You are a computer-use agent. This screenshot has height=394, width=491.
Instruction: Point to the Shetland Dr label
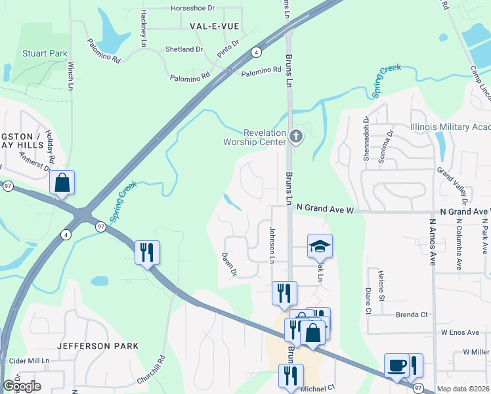point(184,49)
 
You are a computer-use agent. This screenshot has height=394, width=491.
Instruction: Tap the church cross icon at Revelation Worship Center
point(296,137)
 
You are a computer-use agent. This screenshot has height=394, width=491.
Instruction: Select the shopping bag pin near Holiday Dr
point(62,183)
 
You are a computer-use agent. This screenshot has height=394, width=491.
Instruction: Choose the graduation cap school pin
point(320,247)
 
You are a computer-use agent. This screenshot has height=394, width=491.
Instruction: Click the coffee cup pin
point(396,365)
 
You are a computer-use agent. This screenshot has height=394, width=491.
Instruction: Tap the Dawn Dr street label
point(228,264)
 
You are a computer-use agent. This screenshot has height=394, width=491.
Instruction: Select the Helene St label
point(381,284)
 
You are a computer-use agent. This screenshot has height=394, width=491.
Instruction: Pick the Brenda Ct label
point(412,315)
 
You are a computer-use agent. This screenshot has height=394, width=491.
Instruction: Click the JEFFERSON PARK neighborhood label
point(98,345)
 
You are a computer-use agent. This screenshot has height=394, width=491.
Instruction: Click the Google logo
point(22,386)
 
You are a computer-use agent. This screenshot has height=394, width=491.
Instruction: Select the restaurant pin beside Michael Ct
point(291,376)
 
